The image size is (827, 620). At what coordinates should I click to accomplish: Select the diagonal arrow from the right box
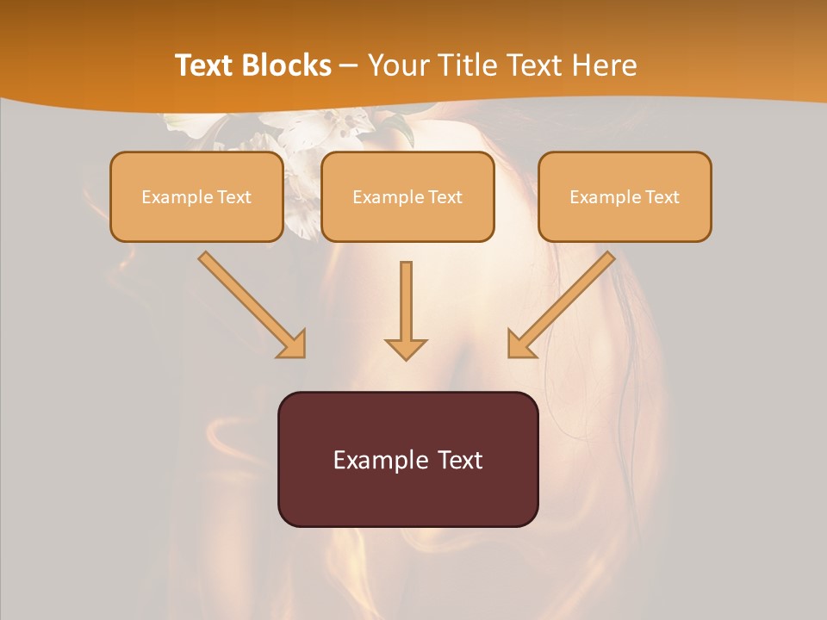(x=562, y=304)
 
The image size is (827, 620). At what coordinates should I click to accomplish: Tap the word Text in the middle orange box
(x=445, y=197)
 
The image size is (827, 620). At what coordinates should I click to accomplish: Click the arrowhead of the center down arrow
(x=406, y=348)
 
